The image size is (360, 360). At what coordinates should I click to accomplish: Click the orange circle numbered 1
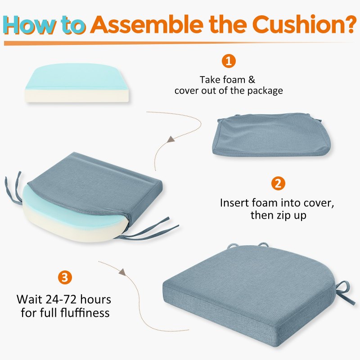tap(229, 61)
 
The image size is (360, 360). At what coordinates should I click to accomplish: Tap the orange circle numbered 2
tap(278, 184)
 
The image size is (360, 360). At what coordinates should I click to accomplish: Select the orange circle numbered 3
tap(65, 277)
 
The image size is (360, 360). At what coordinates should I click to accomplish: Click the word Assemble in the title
tap(147, 24)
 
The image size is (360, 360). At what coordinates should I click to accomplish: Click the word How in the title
tap(30, 25)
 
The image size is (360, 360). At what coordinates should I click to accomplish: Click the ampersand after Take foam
tap(252, 80)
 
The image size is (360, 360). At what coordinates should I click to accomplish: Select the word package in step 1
tap(265, 91)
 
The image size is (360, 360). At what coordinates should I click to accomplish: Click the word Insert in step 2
tap(234, 203)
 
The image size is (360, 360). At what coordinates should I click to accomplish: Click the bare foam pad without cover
tap(76, 83)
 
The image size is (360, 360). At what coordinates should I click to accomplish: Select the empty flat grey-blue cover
tap(272, 135)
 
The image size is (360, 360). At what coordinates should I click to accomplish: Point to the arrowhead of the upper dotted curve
tap(171, 139)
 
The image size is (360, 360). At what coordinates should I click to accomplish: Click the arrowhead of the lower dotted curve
tap(122, 272)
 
